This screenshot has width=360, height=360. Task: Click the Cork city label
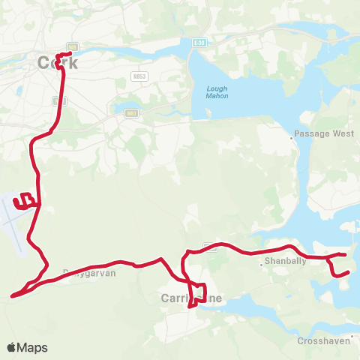58,64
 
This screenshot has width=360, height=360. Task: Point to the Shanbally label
282,262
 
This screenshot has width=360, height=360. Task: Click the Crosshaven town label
322,340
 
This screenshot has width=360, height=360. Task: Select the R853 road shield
139,76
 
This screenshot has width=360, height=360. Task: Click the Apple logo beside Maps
11,347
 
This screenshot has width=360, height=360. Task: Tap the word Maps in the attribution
32,347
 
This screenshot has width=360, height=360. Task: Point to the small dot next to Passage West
292,138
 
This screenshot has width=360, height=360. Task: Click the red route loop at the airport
26,200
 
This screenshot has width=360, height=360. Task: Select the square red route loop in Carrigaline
197,292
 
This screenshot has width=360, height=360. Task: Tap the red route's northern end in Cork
69,52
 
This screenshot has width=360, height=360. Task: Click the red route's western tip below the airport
13,295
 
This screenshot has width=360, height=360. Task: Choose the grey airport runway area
15,225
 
